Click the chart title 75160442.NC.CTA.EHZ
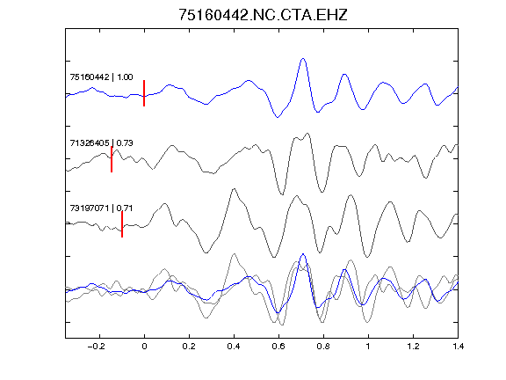(x=263, y=15)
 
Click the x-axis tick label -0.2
(x=97, y=347)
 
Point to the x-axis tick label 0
(x=144, y=347)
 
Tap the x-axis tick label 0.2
(x=189, y=347)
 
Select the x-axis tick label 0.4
(x=234, y=347)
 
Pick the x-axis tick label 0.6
(x=278, y=347)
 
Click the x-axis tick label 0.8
(x=323, y=347)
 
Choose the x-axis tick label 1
(x=368, y=347)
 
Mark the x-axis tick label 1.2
(x=413, y=347)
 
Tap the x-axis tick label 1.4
(x=458, y=347)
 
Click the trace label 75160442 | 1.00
(x=101, y=77)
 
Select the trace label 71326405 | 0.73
(x=101, y=142)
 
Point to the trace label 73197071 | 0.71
(x=101, y=208)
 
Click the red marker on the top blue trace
(x=144, y=93)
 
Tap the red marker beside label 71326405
(x=112, y=159)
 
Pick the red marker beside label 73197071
(x=122, y=224)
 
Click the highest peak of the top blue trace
(x=303, y=59)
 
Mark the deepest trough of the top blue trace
(x=278, y=117)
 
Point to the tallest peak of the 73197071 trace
(x=234, y=189)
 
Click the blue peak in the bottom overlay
(x=303, y=254)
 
